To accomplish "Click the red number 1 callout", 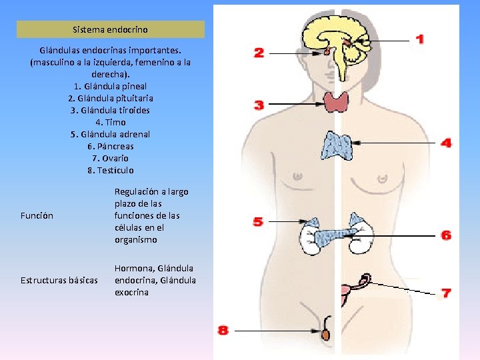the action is tap(419, 39).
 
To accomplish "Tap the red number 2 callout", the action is tap(259, 53).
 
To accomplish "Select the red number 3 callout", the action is tap(259, 105).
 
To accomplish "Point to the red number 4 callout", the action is tap(446, 143).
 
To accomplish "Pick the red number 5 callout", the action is tap(258, 221).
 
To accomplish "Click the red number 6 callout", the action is tap(446, 235).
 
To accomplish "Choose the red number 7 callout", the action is tap(446, 293).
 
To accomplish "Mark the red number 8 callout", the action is tap(223, 330).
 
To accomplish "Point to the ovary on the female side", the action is tap(365, 279).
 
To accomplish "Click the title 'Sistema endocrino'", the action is tap(110, 29).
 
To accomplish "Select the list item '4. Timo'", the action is tap(110, 122).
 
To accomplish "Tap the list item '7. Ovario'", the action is tap(110, 158).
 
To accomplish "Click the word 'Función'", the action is tap(37, 215).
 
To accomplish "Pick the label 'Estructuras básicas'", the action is tap(59, 279).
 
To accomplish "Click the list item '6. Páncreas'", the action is tap(110, 146).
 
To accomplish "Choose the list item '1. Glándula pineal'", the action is tap(110, 86).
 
